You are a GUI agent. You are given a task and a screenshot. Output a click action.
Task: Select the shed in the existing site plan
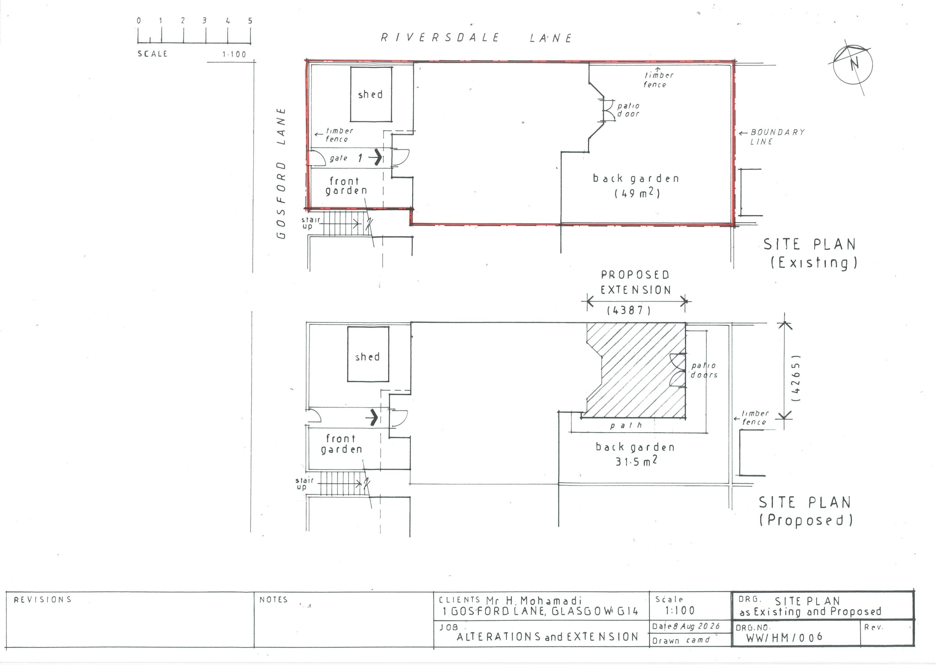[x=371, y=94]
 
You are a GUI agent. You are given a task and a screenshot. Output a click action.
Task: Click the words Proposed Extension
[x=636, y=282]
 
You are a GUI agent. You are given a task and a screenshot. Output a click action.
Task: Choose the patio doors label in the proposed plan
[x=704, y=370]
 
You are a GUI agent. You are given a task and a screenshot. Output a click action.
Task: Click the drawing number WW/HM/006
[x=784, y=637]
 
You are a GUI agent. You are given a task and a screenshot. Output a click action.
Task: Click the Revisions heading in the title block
[x=43, y=600]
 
